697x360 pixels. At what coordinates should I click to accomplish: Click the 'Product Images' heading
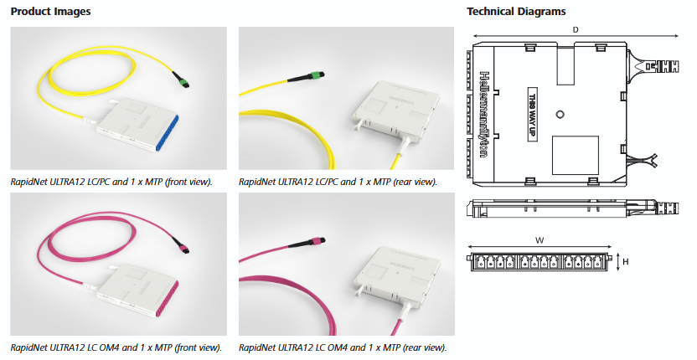click(51, 12)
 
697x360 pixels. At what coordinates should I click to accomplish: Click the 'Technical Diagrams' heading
click(516, 12)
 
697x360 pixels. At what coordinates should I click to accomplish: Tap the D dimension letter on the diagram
click(576, 30)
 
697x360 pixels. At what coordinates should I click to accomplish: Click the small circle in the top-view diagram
click(561, 112)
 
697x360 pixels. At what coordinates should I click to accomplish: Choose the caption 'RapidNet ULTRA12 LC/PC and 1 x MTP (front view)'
click(111, 181)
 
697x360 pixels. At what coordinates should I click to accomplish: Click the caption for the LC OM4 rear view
click(343, 347)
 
